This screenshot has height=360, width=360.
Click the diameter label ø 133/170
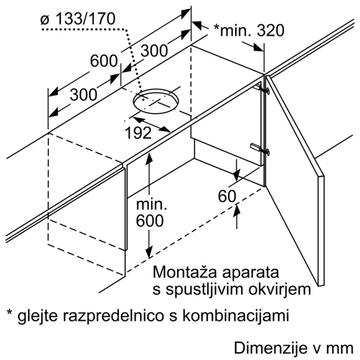[78, 19]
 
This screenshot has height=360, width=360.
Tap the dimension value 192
[138, 133]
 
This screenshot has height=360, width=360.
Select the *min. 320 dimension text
[249, 30]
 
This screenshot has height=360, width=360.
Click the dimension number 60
[227, 196]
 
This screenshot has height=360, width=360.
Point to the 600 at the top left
[103, 61]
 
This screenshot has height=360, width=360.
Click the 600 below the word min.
[150, 221]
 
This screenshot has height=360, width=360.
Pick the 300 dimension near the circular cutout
[154, 51]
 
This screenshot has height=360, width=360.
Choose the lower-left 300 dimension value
[84, 94]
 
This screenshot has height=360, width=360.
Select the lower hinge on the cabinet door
[260, 148]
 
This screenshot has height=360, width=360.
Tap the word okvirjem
[280, 290]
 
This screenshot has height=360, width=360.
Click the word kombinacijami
[236, 316]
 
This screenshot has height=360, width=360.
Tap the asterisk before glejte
[10, 313]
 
